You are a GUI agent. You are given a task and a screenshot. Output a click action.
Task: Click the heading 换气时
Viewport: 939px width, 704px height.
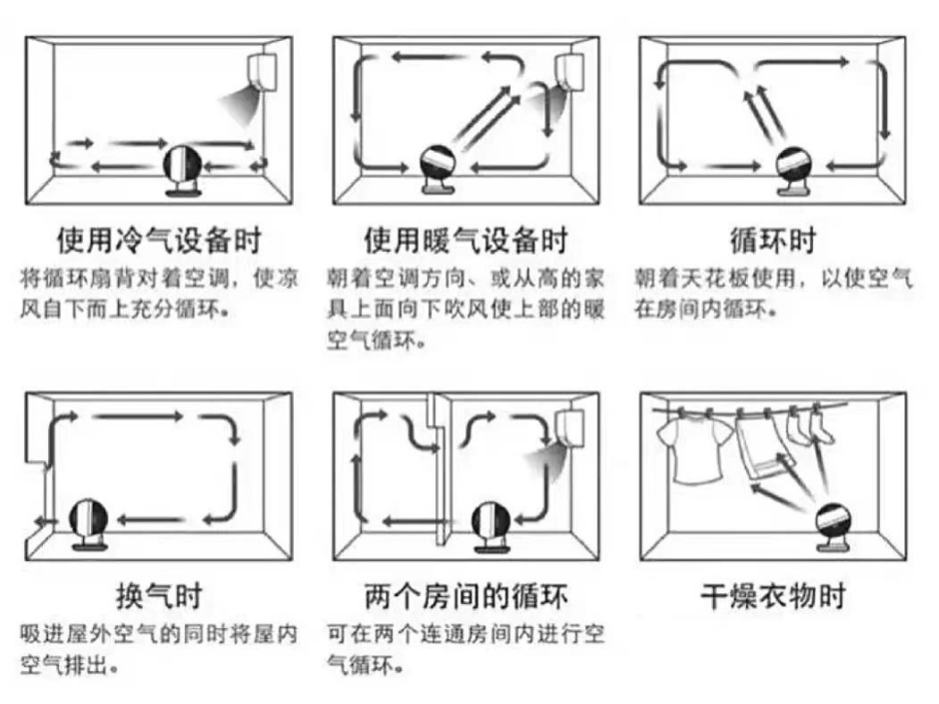(x=158, y=596)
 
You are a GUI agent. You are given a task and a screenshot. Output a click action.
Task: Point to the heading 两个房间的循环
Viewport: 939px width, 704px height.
(x=466, y=596)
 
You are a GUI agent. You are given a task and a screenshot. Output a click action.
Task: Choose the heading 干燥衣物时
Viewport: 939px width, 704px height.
(x=773, y=596)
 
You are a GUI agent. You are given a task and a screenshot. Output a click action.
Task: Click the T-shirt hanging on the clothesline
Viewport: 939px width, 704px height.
(x=690, y=449)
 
